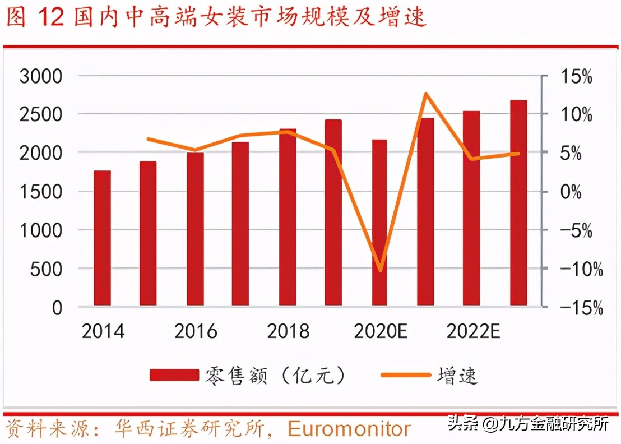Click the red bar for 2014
[102, 238]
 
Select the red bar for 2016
[195, 229]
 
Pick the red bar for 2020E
[379, 223]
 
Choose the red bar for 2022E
[471, 209]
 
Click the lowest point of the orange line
[381, 270]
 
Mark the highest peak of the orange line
[426, 94]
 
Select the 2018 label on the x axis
[288, 331]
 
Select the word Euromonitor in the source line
[349, 429]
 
